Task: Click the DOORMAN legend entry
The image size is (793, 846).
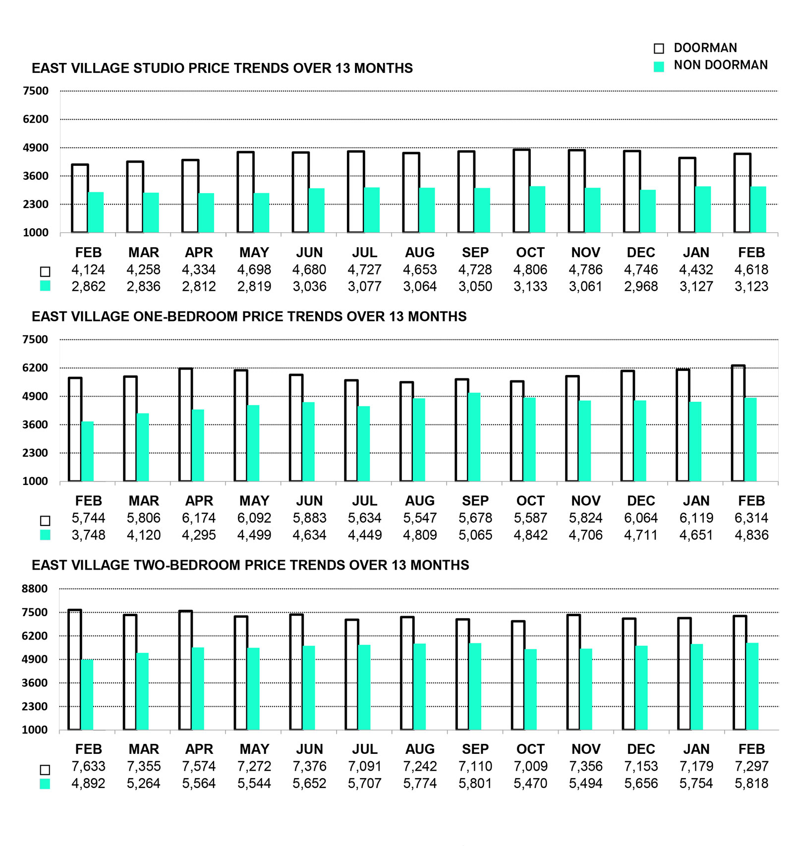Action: coord(704,48)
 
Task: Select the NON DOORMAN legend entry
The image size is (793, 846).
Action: coord(720,65)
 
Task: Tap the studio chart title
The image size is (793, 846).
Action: coord(222,68)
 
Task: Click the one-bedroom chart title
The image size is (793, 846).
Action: coord(249,317)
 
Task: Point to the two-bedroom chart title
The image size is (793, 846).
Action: coord(250,565)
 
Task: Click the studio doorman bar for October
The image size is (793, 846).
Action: coord(521,191)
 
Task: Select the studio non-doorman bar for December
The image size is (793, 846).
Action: coord(647,211)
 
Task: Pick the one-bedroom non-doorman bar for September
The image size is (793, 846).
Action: coord(474,437)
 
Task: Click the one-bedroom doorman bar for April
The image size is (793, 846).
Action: coord(185,424)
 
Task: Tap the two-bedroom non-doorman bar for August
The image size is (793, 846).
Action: coord(419,687)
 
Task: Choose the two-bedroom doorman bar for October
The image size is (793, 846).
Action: coord(518,675)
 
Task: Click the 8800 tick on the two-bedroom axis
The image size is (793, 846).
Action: coord(35,589)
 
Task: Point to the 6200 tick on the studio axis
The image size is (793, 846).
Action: coord(36,119)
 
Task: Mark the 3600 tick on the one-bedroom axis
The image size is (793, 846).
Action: coord(35,424)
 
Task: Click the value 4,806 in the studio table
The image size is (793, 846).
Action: coord(530,269)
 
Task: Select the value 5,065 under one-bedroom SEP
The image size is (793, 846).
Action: coord(475,535)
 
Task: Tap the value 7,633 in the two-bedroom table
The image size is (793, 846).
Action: coord(88,766)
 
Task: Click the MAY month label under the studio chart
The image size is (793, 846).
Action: coord(254,253)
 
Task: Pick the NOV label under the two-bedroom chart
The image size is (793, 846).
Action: coord(585,749)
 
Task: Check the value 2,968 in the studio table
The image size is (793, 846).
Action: coord(640,286)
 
